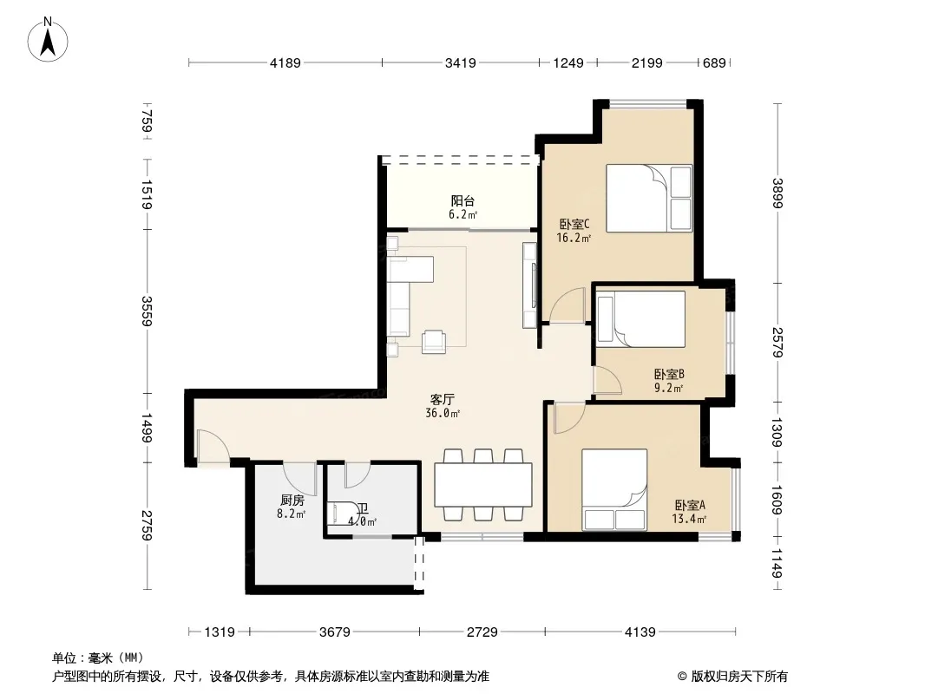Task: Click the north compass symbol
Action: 48,40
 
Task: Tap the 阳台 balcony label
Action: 462,201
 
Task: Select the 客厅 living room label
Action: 443,400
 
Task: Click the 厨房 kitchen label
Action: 292,501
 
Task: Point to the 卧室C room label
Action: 574,225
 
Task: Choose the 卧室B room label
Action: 669,375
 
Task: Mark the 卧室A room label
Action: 690,505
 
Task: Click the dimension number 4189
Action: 285,63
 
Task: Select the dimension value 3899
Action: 777,193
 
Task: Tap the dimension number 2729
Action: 482,632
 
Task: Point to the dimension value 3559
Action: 147,311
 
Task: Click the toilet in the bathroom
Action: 341,513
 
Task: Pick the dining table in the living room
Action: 483,485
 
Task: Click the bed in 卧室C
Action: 649,198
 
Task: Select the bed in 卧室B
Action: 640,319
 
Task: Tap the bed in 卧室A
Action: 614,490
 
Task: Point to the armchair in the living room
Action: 434,342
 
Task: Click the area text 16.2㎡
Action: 574,239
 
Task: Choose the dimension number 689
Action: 714,63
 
